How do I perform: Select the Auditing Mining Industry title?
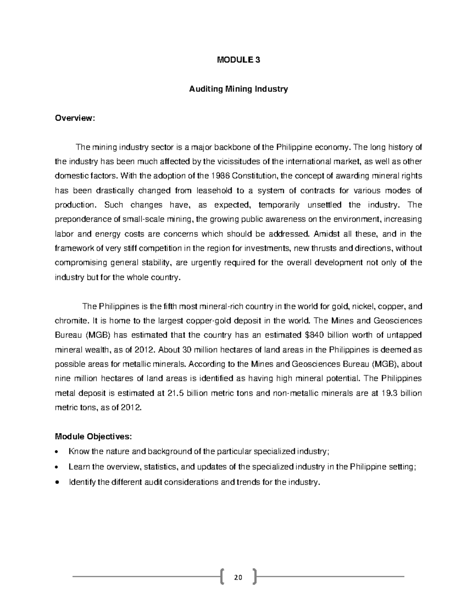238,89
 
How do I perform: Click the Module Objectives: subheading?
93,436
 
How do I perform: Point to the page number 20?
238,577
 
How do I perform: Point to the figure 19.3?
390,393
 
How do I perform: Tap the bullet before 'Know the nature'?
58,452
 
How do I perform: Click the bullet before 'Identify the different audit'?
58,483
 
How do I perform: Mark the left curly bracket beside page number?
222,577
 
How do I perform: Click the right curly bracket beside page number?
255,577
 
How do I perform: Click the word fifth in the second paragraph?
167,306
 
